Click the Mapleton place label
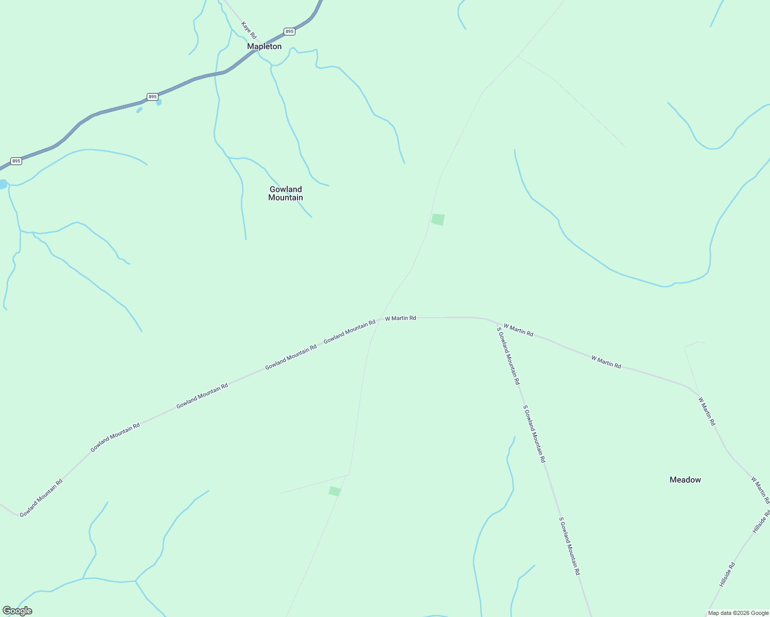pos(264,46)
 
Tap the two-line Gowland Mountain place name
pos(286,193)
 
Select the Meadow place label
pos(685,480)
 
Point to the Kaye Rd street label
pos(249,30)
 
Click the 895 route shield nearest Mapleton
pos(289,31)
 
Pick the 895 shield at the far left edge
pos(16,161)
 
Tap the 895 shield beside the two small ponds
pos(152,97)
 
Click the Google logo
pos(17,611)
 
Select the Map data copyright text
pos(738,613)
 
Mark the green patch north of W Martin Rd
pos(438,220)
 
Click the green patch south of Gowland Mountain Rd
pos(335,491)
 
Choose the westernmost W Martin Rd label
pos(400,318)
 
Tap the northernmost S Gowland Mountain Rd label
pos(508,356)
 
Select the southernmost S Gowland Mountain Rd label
pos(570,546)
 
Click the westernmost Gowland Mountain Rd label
pos(41,498)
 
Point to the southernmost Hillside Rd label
pos(727,575)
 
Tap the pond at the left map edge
pos(3,184)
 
